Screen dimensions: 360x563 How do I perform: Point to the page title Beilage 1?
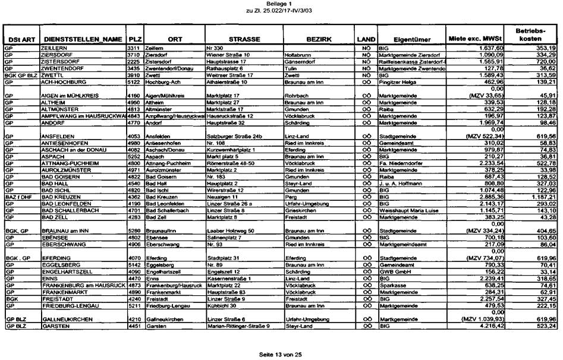(282, 4)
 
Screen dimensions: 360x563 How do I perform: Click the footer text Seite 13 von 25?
(282, 354)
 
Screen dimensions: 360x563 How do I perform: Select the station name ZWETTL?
(52, 76)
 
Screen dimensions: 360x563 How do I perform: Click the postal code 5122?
(134, 82)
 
